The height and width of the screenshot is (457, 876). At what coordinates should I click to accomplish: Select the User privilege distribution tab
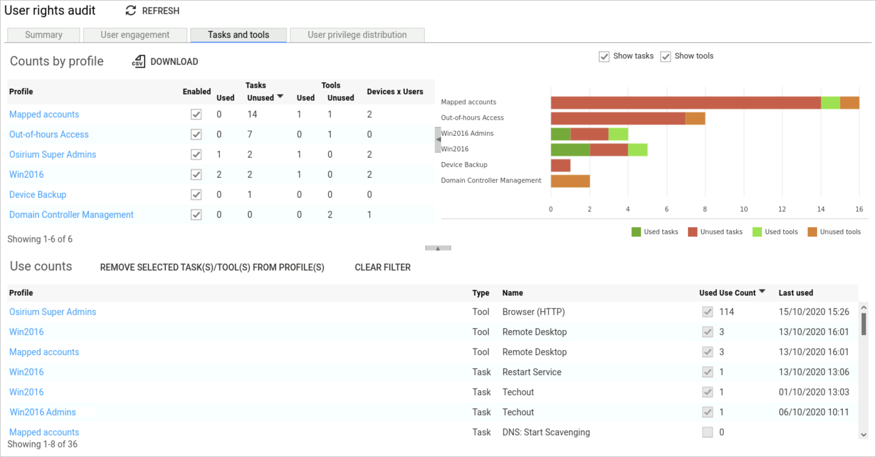357,35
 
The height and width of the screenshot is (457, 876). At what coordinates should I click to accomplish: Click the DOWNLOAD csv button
165,62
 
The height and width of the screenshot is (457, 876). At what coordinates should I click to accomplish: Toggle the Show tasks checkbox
604,56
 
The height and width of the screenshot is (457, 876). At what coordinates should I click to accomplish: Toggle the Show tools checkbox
665,56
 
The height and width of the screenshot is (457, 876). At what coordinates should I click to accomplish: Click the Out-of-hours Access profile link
49,134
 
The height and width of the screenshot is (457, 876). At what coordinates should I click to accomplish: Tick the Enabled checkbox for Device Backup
196,195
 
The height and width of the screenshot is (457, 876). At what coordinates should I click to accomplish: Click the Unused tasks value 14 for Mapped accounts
252,114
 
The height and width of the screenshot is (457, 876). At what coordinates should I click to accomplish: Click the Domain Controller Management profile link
71,215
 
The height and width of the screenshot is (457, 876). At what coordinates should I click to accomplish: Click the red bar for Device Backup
560,165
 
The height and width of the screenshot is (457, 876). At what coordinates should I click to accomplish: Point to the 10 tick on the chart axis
743,209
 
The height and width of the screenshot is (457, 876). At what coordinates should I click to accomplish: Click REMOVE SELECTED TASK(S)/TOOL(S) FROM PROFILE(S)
212,268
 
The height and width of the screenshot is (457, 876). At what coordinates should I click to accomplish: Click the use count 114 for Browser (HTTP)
726,312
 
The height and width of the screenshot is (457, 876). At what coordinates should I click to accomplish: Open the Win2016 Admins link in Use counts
43,412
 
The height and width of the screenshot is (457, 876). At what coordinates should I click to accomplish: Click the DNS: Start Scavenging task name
546,432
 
